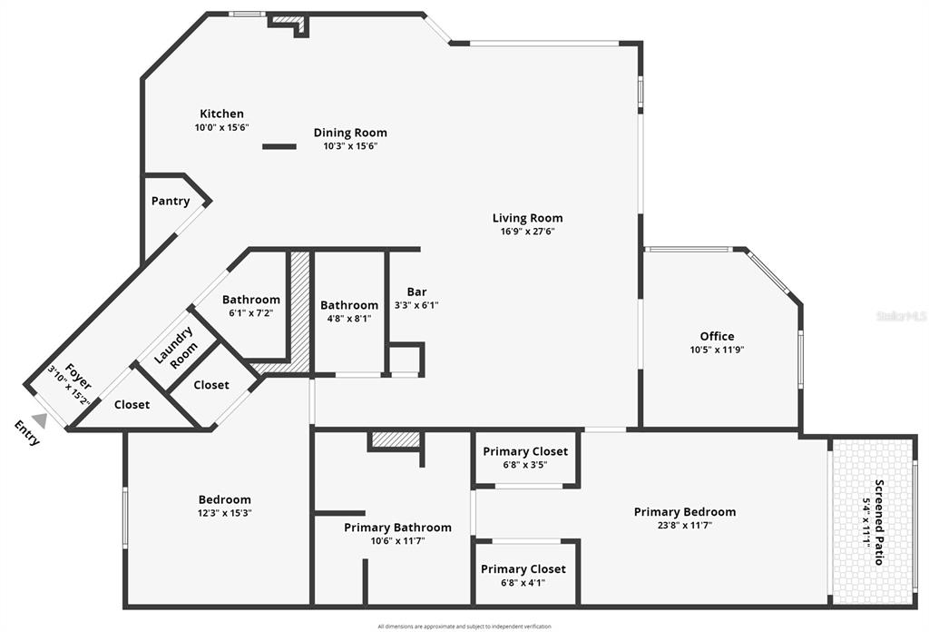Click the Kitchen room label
tap(221, 114)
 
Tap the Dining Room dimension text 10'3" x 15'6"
tap(350, 146)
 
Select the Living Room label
tap(527, 218)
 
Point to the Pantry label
tap(171, 202)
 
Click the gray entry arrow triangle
tap(39, 420)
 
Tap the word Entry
tap(28, 433)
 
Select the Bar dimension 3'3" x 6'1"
tap(416, 306)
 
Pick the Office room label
tap(717, 336)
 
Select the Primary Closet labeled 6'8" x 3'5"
tap(525, 451)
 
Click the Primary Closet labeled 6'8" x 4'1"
tap(523, 569)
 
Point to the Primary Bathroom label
tap(397, 528)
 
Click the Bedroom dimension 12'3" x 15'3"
tap(224, 513)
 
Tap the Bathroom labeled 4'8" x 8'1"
tap(349, 305)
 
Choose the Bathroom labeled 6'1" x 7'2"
tap(251, 300)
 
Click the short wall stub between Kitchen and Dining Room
tap(279, 146)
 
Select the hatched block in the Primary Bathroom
tap(396, 439)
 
